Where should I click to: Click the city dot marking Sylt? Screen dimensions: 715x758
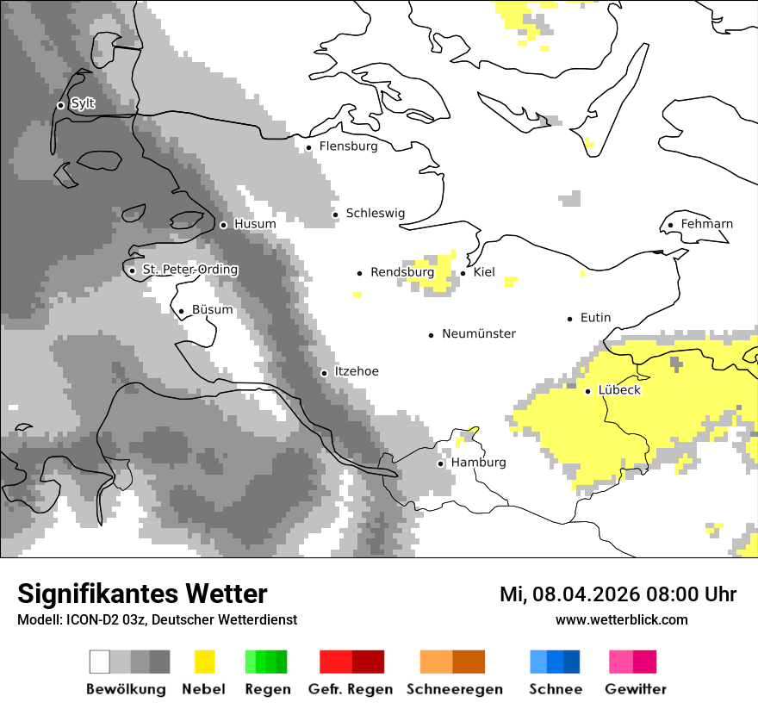click(60, 105)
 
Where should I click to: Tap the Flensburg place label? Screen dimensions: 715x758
click(348, 146)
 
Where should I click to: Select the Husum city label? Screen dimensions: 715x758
click(255, 224)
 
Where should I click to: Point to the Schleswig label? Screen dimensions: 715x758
click(375, 214)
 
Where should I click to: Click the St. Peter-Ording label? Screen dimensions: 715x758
click(189, 270)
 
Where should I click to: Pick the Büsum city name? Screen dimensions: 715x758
click(212, 310)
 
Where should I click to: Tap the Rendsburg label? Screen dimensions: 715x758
click(402, 272)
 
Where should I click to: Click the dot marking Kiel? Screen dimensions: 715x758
click(463, 273)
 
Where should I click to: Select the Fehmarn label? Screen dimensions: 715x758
click(706, 224)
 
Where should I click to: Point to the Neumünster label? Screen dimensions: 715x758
click(479, 333)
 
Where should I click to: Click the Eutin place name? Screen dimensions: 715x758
click(595, 318)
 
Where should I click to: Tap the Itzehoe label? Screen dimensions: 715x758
click(356, 371)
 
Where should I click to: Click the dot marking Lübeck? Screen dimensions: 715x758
click(587, 391)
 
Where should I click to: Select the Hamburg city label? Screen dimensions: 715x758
click(478, 463)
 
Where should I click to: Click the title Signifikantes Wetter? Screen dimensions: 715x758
click(142, 594)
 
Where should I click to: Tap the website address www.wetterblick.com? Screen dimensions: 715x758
click(621, 619)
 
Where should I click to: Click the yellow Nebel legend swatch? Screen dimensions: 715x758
click(205, 662)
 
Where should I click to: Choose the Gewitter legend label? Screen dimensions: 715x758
click(635, 689)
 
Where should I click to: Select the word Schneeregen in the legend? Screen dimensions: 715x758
click(454, 689)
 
